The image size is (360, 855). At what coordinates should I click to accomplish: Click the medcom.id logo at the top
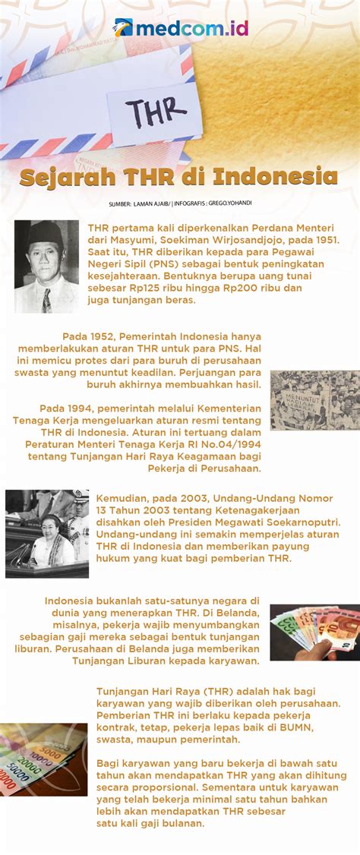181,28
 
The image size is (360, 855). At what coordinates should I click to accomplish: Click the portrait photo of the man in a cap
46,267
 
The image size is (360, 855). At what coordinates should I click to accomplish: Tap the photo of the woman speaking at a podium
46,533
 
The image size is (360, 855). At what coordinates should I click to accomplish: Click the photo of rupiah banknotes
43,758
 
